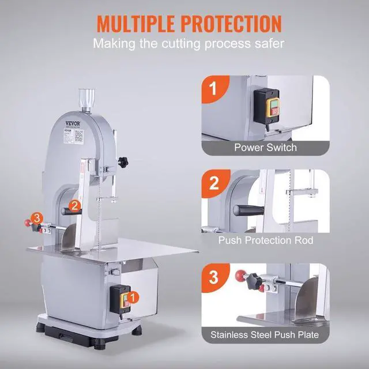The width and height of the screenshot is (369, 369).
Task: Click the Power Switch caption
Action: [x=265, y=147]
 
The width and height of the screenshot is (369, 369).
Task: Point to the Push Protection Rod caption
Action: [x=265, y=239]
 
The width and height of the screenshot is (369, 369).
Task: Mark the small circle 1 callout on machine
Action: [x=134, y=297]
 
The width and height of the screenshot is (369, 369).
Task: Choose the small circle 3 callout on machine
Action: [x=37, y=217]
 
